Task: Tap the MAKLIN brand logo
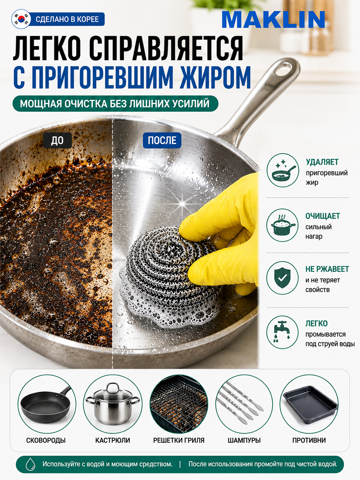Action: pos(273,20)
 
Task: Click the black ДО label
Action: pos(57,140)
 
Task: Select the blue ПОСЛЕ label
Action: pos(162,140)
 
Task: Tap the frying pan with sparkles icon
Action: pos(283,170)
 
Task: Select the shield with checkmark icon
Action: pos(283,278)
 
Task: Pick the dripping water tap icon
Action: pos(283,332)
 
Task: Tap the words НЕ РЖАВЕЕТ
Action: pos(327,269)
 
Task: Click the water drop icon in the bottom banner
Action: pos(30,464)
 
